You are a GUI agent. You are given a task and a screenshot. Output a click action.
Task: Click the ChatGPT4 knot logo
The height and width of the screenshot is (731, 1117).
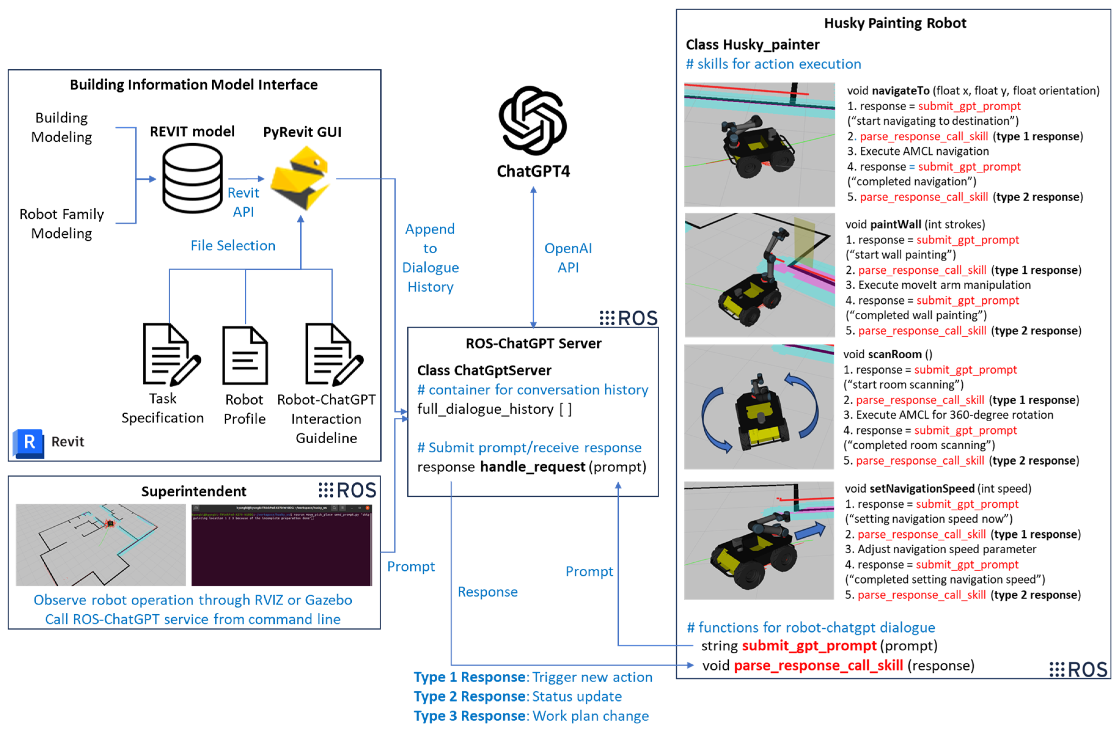[x=533, y=121]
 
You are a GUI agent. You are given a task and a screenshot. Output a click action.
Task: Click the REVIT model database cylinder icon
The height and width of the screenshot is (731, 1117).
[x=192, y=179]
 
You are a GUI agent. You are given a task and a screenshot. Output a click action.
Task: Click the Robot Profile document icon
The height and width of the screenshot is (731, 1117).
[x=245, y=356]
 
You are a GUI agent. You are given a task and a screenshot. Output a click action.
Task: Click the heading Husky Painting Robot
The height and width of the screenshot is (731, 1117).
[x=895, y=23]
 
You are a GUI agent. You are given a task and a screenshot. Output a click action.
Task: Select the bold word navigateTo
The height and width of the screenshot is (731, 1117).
[x=901, y=90]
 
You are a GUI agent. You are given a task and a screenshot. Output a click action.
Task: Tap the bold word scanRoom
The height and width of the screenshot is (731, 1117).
[x=895, y=354]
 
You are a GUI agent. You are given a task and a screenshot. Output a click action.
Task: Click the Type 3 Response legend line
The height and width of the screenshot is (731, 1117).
[x=531, y=716]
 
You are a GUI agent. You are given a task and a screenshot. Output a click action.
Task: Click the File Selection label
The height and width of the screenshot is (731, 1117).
[x=233, y=245]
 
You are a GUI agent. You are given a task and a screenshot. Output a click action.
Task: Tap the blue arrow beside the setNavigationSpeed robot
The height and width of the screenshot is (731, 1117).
[x=810, y=531]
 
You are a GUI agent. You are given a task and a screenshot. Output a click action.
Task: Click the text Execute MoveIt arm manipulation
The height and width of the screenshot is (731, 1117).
[x=944, y=285]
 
